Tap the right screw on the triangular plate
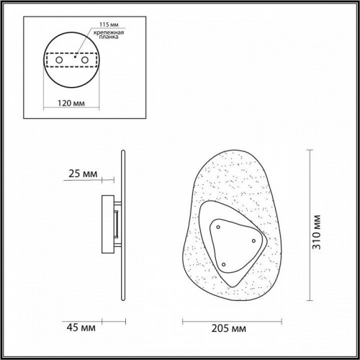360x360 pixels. [253, 240]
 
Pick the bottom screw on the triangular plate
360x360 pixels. [223, 264]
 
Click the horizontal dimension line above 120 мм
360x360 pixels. [72, 92]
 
